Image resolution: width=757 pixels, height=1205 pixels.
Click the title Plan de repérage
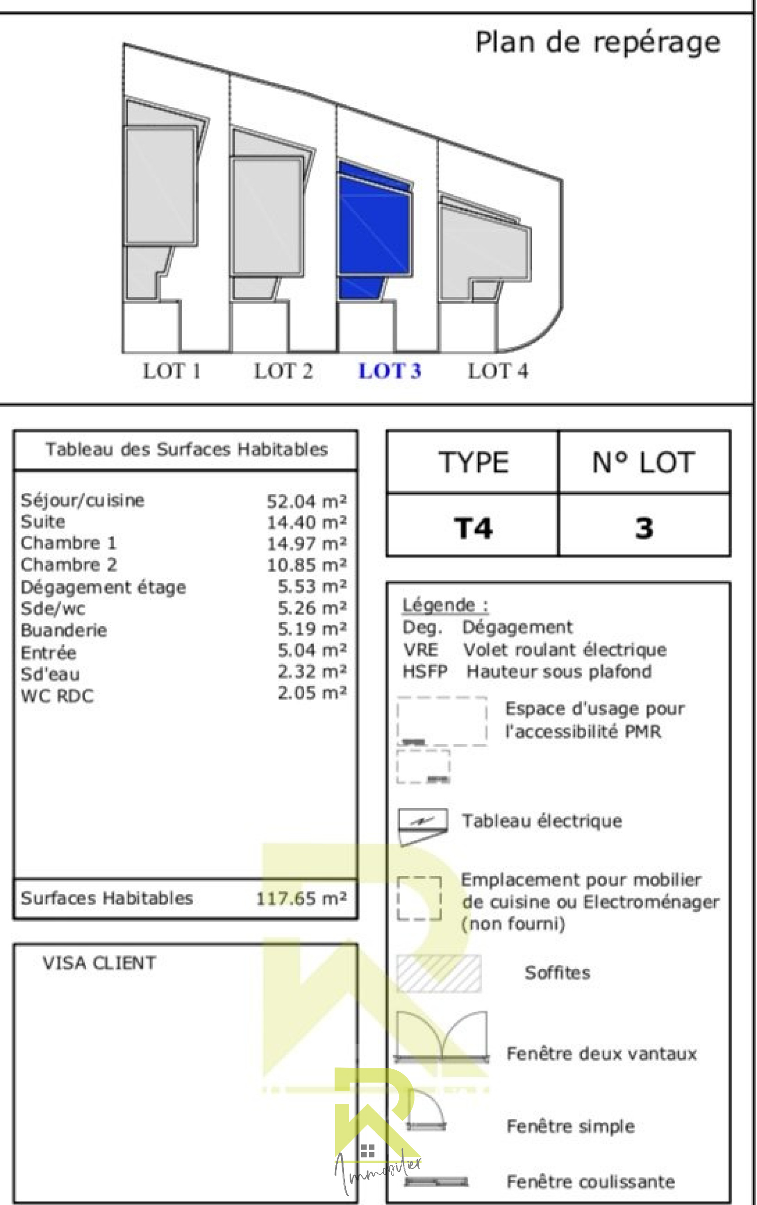[x=597, y=43]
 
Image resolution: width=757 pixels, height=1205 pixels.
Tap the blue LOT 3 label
[x=389, y=371]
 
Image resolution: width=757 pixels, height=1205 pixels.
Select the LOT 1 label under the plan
[x=172, y=371]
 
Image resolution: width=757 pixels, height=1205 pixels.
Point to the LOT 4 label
[x=498, y=371]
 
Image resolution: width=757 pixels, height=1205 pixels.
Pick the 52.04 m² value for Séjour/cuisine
[x=307, y=501]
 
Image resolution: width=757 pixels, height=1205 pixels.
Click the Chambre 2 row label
[x=69, y=565]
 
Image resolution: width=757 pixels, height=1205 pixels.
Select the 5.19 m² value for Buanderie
[x=312, y=629]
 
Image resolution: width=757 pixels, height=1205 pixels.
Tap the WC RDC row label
[x=57, y=696]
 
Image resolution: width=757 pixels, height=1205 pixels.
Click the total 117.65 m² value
[x=301, y=899]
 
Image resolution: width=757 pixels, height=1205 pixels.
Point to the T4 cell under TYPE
[x=473, y=528]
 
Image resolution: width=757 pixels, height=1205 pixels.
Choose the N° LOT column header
[x=644, y=463]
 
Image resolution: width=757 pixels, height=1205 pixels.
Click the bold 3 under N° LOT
[x=644, y=528]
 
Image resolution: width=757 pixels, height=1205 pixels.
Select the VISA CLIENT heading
[x=99, y=963]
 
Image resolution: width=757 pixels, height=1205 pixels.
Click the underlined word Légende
[x=439, y=605]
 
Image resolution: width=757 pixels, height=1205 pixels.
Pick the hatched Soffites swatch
[x=439, y=974]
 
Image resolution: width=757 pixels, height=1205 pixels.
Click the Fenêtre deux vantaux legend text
[x=601, y=1054]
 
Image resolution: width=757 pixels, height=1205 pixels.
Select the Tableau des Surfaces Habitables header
[x=186, y=449]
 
